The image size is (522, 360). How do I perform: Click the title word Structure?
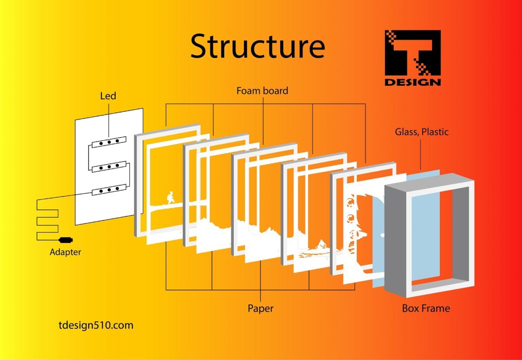258,46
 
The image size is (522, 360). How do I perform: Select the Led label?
108,95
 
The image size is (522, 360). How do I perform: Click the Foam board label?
262,91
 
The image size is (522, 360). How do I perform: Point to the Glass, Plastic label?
422,131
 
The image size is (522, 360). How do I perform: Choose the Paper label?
261,308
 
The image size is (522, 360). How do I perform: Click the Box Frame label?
426,308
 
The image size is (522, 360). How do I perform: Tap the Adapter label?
65,252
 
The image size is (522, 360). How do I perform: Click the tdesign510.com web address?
96,325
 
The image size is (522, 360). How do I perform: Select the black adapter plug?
66,240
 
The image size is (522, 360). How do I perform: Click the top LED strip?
109,142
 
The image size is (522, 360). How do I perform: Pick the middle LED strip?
109,166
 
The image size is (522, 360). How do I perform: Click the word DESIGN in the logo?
412,81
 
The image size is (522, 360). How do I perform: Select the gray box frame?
461,235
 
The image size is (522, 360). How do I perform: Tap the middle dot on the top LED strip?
109,142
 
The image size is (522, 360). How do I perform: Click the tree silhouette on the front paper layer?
355,226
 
